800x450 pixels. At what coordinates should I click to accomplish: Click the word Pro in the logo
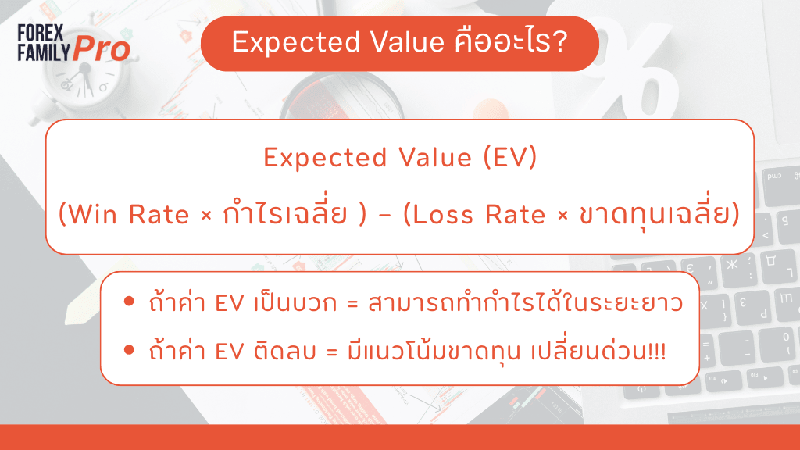click(x=102, y=49)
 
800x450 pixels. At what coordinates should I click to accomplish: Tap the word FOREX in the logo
click(x=41, y=33)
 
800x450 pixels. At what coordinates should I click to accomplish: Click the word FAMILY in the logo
click(x=44, y=52)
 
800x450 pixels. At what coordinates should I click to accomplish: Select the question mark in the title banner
click(x=560, y=41)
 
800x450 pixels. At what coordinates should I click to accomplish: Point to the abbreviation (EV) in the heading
click(x=510, y=157)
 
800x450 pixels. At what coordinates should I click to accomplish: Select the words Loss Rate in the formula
click(x=479, y=214)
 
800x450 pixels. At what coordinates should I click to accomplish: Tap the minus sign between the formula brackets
click(x=384, y=216)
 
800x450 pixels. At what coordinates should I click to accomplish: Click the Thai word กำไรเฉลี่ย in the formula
click(x=285, y=211)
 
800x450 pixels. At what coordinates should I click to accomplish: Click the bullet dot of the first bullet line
click(x=129, y=302)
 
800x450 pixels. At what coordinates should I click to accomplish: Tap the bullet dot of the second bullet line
click(x=129, y=350)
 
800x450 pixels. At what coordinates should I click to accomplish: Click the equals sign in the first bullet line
click(x=352, y=304)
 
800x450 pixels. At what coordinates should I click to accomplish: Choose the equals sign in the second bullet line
click(x=332, y=352)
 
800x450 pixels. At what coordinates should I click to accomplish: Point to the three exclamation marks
click(x=657, y=351)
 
